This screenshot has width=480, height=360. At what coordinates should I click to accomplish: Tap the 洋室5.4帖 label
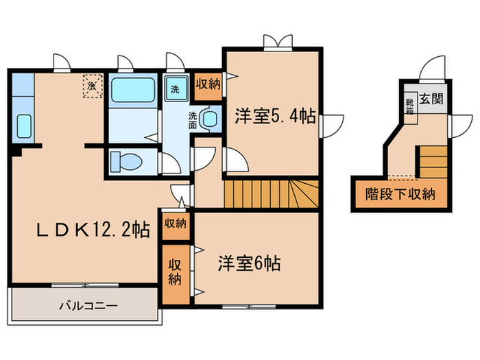coord(275,117)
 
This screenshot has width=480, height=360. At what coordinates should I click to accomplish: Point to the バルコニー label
coord(88,304)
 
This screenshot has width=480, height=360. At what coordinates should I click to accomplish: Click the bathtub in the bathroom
coord(132,90)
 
